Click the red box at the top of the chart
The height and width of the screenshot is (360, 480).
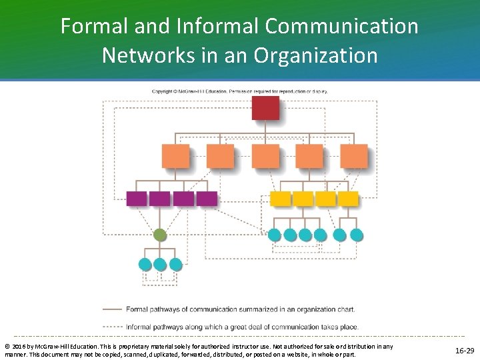pyautogui.click(x=265, y=108)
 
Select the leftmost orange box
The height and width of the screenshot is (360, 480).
pyautogui.click(x=175, y=155)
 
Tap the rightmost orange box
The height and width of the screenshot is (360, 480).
pyautogui.click(x=353, y=155)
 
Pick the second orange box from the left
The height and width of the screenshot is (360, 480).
pyautogui.click(x=220, y=155)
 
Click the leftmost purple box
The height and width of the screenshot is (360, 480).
pyautogui.click(x=136, y=199)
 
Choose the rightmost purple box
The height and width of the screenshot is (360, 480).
pyautogui.click(x=207, y=199)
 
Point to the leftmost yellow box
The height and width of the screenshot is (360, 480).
pyautogui.click(x=281, y=199)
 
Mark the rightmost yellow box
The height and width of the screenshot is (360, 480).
pyautogui.click(x=347, y=199)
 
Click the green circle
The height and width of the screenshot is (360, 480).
pyautogui.click(x=159, y=235)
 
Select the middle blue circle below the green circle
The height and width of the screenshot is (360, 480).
pyautogui.click(x=160, y=264)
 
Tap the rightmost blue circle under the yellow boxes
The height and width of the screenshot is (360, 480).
pyautogui.click(x=357, y=235)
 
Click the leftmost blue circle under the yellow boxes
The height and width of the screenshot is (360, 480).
pyautogui.click(x=274, y=235)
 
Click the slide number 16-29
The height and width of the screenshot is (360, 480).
pyautogui.click(x=464, y=350)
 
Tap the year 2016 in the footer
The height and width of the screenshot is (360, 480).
pyautogui.click(x=20, y=347)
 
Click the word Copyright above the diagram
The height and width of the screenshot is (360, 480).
pyautogui.click(x=164, y=91)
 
